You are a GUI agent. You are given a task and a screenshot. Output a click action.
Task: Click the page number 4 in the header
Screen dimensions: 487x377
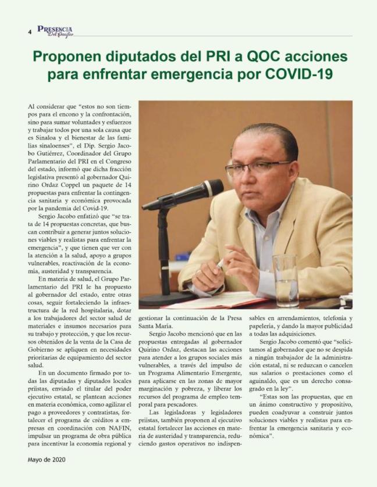(30, 33)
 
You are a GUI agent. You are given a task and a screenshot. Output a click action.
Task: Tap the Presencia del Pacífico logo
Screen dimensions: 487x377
(55, 31)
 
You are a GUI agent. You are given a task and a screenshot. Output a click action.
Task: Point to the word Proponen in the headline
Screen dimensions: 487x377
(65, 57)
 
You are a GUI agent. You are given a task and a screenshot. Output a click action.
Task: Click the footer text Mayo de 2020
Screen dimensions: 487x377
(47, 459)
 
